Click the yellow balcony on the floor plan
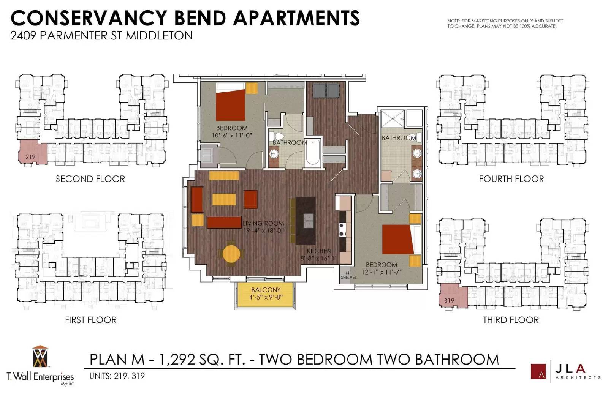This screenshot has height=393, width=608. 265,295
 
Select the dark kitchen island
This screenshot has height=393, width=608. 306,221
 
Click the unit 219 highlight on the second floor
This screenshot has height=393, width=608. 33,152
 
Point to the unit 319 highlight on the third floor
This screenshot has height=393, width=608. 453,296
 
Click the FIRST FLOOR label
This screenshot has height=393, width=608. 91,320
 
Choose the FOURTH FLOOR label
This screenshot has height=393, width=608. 511,179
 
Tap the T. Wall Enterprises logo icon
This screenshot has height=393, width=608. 40,357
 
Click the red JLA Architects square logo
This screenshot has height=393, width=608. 538,371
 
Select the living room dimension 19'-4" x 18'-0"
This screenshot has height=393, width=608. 263,231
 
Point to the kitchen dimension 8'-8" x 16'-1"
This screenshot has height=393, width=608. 319,259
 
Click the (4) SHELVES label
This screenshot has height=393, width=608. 349,275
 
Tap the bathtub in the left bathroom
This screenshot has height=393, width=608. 313,152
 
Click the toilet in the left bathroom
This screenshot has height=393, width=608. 277,136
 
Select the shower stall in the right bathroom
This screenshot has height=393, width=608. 393,118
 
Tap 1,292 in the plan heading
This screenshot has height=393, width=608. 177,359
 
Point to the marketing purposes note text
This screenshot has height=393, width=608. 505,24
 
